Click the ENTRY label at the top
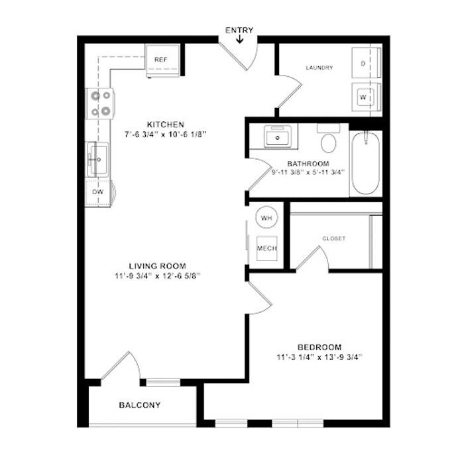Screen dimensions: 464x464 click(x=239, y=30)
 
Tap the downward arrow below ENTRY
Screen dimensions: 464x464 click(x=239, y=38)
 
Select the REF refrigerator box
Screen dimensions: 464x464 click(x=162, y=61)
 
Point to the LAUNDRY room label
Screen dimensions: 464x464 click(x=319, y=68)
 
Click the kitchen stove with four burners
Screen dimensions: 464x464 click(x=100, y=103)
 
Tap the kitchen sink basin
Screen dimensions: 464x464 click(x=97, y=160)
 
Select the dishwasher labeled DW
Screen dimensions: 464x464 click(x=99, y=192)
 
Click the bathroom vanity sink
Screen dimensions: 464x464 click(x=277, y=136)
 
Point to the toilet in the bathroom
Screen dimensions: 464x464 click(x=329, y=139)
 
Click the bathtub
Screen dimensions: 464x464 click(x=365, y=163)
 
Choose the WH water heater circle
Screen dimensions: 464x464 click(x=266, y=217)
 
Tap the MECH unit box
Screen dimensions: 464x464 click(x=267, y=249)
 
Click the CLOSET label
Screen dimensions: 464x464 click(x=334, y=239)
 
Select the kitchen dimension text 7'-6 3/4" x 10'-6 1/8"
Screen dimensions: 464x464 click(x=165, y=135)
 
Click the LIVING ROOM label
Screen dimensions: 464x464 click(x=158, y=266)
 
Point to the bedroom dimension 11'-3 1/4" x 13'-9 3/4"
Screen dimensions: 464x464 click(x=319, y=357)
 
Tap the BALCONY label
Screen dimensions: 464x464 click(x=140, y=405)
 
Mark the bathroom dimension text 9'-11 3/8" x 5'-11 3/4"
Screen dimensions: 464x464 click(x=308, y=172)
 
